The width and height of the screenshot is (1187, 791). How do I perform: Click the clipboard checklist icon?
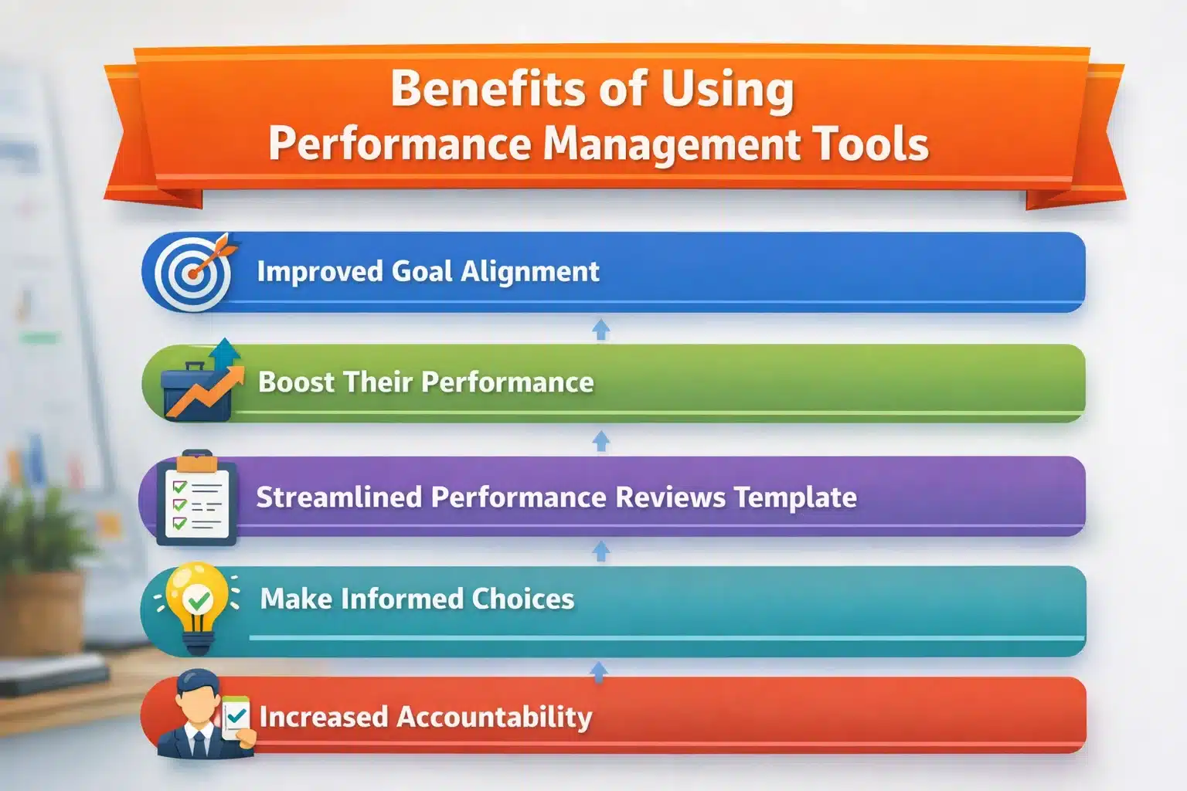click(196, 497)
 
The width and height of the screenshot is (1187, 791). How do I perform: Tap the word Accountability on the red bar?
click(495, 717)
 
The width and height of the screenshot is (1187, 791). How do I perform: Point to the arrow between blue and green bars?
click(600, 329)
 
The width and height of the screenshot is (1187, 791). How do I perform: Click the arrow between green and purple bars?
click(600, 441)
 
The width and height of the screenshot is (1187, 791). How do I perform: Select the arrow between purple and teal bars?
click(600, 551)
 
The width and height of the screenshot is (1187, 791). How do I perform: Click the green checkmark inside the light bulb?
click(199, 599)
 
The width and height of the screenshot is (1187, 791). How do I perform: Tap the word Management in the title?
click(672, 144)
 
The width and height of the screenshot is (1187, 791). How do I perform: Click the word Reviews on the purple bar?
click(671, 497)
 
